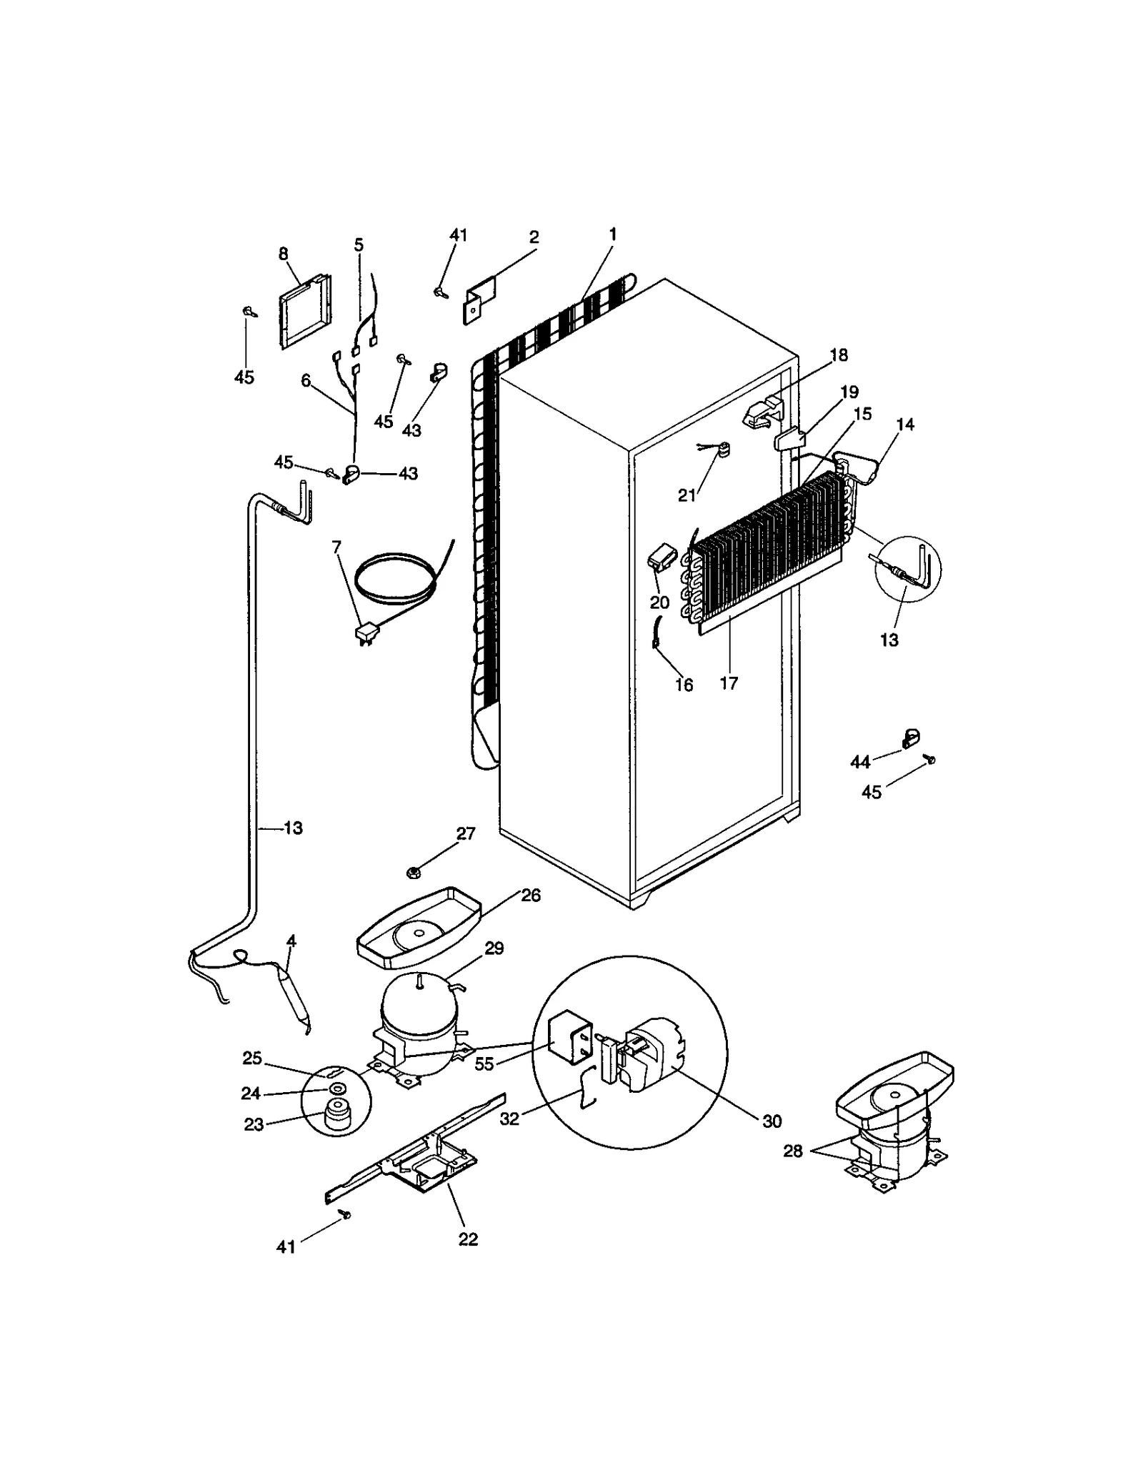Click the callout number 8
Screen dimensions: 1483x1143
[284, 253]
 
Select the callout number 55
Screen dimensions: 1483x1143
[484, 1063]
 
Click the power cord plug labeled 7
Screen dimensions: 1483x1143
[366, 633]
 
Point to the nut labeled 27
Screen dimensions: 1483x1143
[412, 872]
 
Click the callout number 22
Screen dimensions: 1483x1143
[468, 1239]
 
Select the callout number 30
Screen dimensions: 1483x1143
[772, 1121]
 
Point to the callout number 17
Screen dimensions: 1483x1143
[729, 683]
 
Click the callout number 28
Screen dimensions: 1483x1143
[793, 1151]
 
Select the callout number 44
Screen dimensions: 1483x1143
[860, 762]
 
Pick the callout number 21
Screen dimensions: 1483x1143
[687, 495]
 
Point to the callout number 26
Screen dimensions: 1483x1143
[531, 896]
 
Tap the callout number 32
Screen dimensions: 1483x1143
[509, 1119]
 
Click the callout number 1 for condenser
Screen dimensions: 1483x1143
[612, 234]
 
